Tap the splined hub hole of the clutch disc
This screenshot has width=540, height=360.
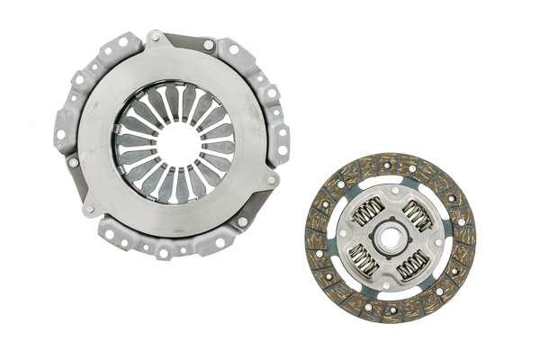point(390,238)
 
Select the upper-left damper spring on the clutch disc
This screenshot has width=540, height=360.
point(367,212)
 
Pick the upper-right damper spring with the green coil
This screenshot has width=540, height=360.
point(414,213)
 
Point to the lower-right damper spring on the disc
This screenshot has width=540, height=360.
point(413,264)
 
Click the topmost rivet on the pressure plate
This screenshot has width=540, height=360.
point(155,37)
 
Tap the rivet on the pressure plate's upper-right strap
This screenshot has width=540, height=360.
point(209,44)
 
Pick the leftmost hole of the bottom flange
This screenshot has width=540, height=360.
point(108,233)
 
